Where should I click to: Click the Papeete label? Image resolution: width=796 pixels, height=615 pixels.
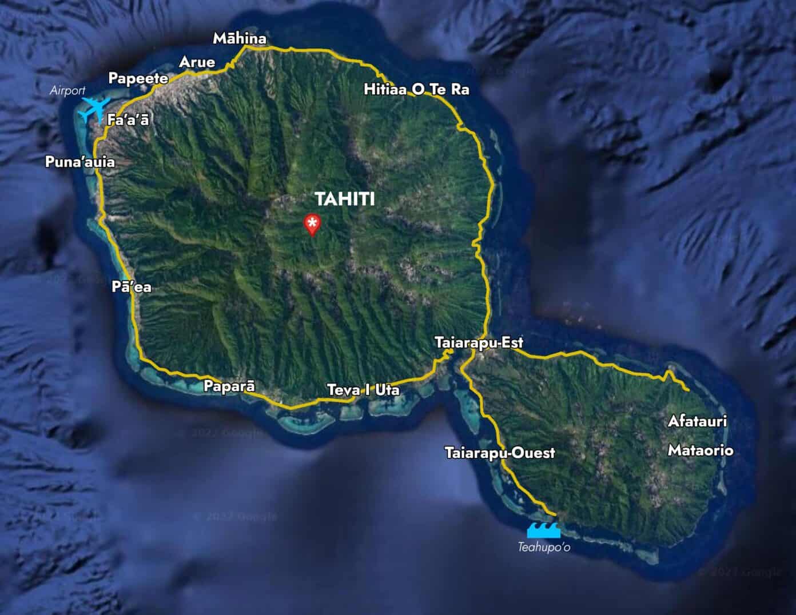pos(138,79)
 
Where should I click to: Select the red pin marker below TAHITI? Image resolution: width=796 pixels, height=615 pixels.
pos(312,225)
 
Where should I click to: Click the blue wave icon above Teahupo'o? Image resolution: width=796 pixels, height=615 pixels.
pos(543,530)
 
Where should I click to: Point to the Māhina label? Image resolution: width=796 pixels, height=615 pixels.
pos(240,39)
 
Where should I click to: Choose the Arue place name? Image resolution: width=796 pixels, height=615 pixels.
pos(197,62)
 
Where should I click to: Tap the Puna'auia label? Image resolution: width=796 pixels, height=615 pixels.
pos(80,162)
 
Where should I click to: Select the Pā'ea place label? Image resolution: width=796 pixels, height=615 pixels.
pos(132,286)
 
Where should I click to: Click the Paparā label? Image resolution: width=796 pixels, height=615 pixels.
pos(229,386)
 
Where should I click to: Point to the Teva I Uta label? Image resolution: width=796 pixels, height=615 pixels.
pos(363,390)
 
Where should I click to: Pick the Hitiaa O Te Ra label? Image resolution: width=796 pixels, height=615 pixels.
pos(416,90)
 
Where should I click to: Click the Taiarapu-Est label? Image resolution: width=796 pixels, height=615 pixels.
pos(479,343)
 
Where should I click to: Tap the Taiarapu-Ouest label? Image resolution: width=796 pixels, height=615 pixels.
pos(500,453)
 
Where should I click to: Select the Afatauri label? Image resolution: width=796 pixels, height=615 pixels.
pos(697,422)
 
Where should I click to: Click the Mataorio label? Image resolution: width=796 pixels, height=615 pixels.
pos(700,450)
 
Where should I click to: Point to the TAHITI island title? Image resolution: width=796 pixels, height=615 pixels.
pos(345,199)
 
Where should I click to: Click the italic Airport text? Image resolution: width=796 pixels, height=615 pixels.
pos(67,90)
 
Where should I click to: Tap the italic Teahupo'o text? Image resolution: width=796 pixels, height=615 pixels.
pos(544,548)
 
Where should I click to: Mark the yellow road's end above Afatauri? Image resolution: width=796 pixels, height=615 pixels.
pos(687,389)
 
